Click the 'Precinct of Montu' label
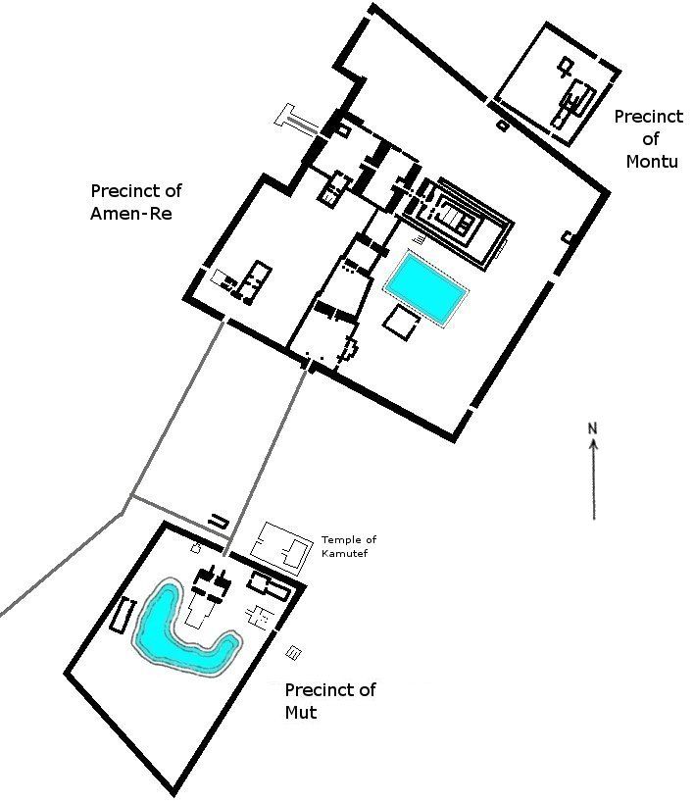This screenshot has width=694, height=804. point(649,139)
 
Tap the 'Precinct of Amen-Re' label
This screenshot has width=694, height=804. point(136,202)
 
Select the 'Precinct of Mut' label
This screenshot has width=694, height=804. point(330,701)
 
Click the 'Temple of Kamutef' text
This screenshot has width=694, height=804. point(349,546)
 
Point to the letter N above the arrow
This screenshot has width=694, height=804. point(592,428)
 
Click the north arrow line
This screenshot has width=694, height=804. point(594,479)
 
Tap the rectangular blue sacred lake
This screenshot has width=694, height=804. point(426,287)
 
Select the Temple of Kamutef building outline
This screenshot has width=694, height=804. point(281,549)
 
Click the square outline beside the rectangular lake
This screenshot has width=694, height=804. point(402,321)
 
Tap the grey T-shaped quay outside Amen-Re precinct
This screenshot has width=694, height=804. point(296,120)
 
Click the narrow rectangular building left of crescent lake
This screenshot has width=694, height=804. point(124,616)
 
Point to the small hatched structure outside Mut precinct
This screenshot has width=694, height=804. point(293,653)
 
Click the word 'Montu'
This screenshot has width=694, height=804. point(652,162)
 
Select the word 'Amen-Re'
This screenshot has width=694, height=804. point(131,214)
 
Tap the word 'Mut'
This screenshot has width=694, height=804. point(301,713)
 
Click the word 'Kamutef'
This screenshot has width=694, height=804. point(344,553)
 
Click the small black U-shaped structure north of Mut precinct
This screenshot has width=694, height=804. point(219,520)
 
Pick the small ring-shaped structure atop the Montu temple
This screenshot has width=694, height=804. point(566,67)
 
